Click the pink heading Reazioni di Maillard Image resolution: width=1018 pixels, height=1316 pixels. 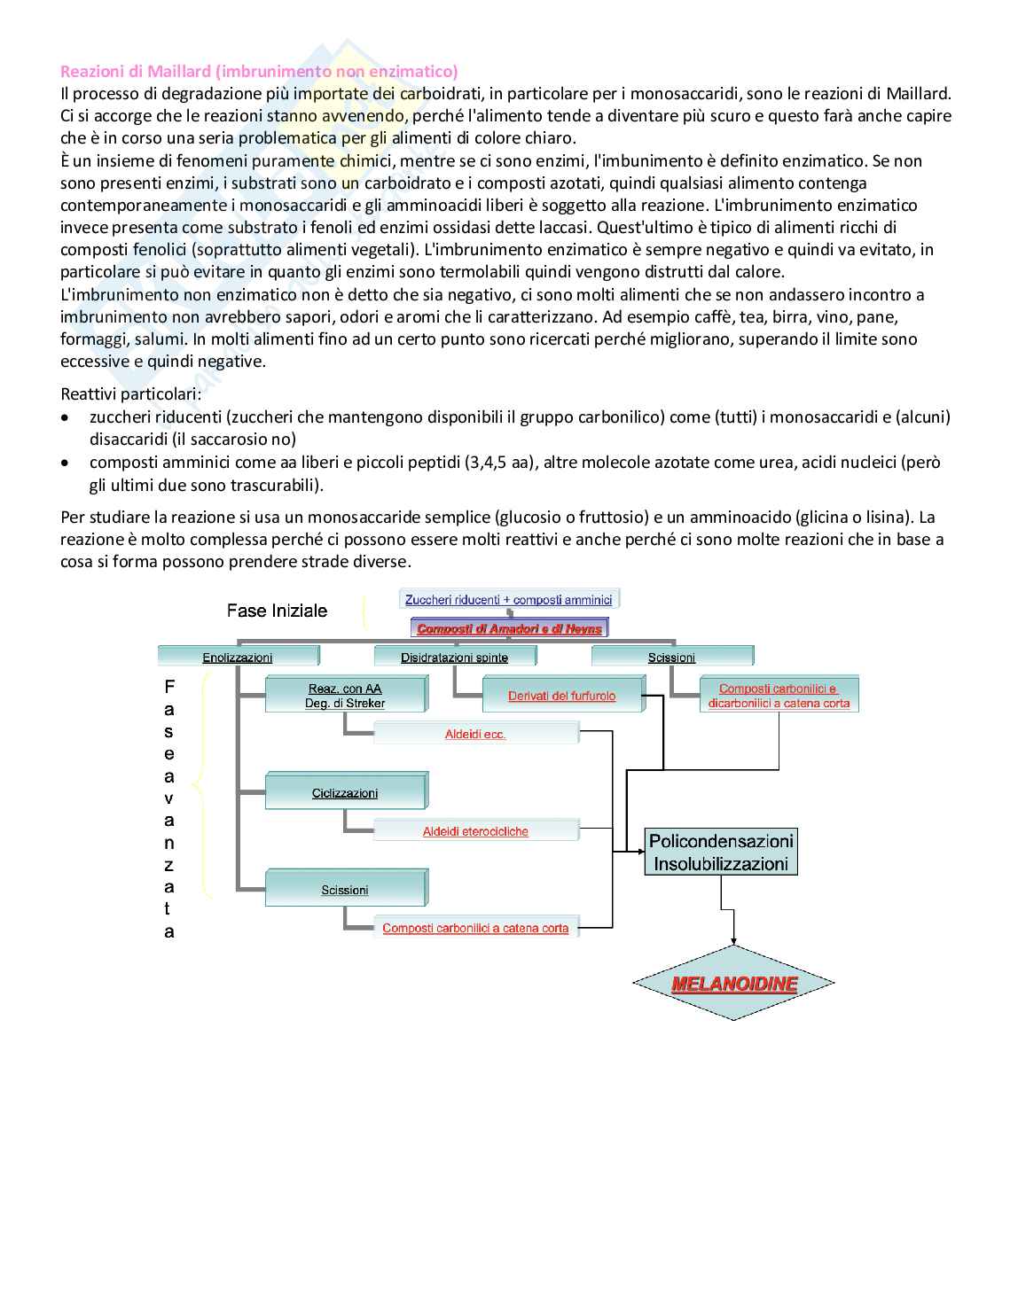[x=259, y=71]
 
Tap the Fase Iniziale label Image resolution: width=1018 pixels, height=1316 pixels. [x=277, y=611]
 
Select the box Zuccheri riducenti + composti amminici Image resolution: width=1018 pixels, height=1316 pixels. [x=508, y=600]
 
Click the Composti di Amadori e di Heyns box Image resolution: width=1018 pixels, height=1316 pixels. [x=509, y=629]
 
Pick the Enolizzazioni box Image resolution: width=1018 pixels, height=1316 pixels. [x=238, y=657]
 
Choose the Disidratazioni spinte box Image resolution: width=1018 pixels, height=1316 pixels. [x=454, y=657]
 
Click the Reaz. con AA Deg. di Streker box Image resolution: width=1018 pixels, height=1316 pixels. [x=345, y=696]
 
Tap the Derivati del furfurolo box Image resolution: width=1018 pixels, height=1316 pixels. [x=562, y=696]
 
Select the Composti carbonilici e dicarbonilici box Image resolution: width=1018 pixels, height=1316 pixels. [x=779, y=696]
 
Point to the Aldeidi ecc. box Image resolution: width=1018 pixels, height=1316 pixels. [x=475, y=734]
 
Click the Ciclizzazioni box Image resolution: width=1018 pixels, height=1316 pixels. [x=345, y=792]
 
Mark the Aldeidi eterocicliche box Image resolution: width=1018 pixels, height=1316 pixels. [x=475, y=831]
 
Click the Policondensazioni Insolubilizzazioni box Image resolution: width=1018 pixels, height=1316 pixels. [x=720, y=852]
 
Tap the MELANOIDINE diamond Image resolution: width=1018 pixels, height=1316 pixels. [x=733, y=984]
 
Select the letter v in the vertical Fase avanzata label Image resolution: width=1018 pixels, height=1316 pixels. [x=169, y=798]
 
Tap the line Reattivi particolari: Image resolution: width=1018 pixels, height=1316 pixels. [x=130, y=393]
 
